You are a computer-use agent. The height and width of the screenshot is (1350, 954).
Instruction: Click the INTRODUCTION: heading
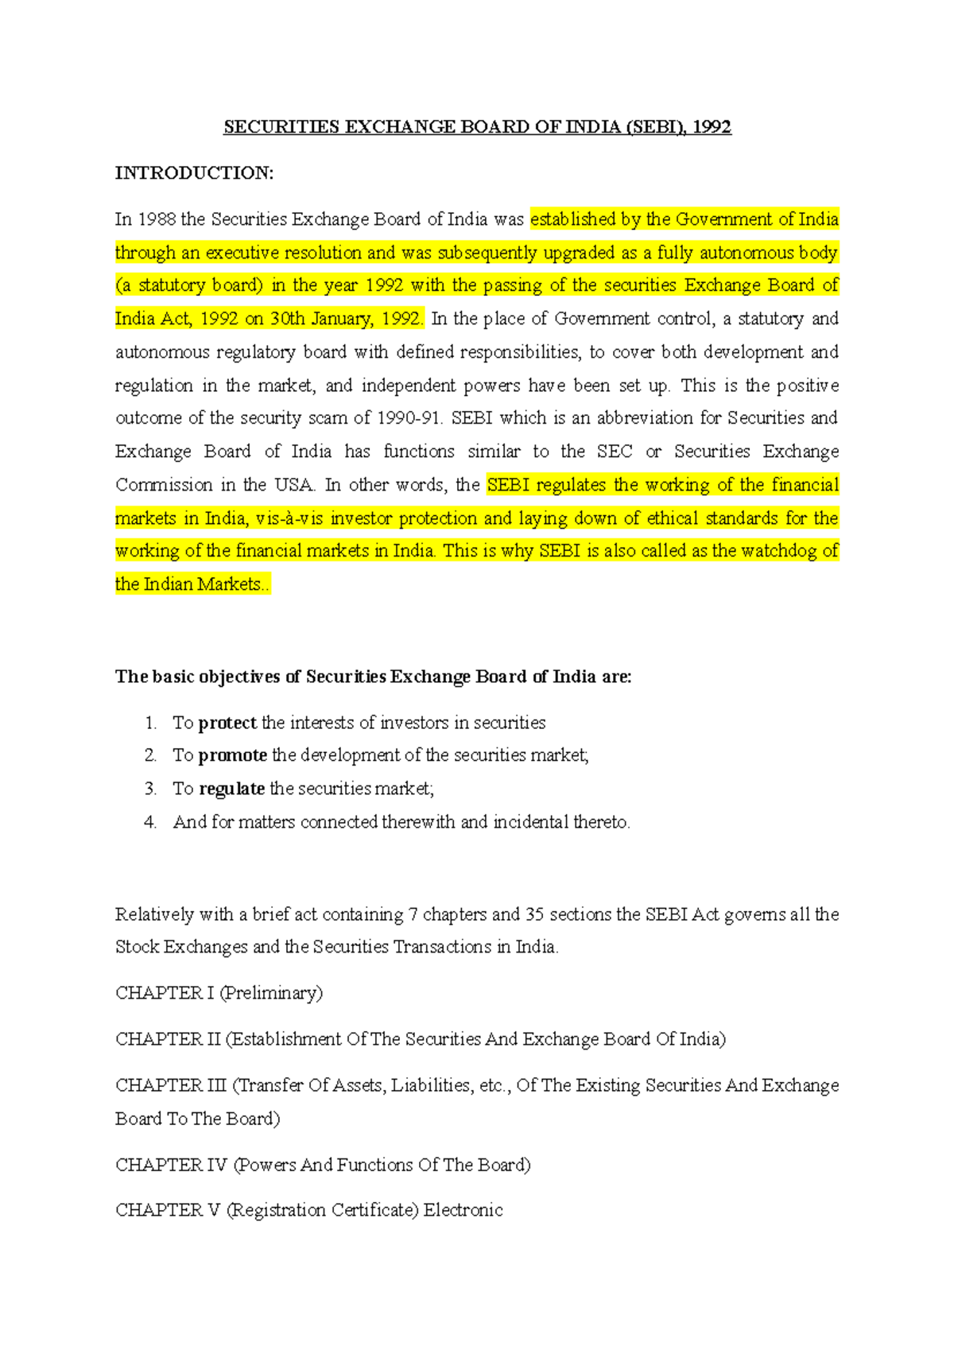coord(194,173)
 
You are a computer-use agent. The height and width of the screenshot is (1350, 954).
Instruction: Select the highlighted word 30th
coord(287,319)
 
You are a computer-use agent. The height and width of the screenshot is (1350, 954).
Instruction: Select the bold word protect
coord(227,723)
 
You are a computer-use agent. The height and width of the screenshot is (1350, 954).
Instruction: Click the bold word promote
coord(233,755)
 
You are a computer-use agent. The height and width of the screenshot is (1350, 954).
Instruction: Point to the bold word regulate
coord(231,789)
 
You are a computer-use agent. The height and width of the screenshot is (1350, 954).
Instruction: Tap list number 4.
coord(150,822)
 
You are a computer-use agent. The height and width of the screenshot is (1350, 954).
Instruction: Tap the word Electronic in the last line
coord(463,1210)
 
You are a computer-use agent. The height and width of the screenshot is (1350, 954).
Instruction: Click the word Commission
coord(165,485)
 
